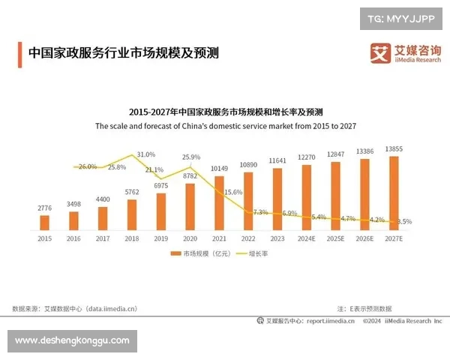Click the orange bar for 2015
pos(45,222)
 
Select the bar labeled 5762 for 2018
pos(133,214)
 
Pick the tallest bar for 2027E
pos(394,192)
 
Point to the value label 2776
pos(45,206)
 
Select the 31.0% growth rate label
pos(146,154)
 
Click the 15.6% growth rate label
pos(233,193)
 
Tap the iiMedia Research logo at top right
pos(405,52)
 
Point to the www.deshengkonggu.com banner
pos(72,341)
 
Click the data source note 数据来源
pos(75,308)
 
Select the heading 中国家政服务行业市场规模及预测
pos(124,54)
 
